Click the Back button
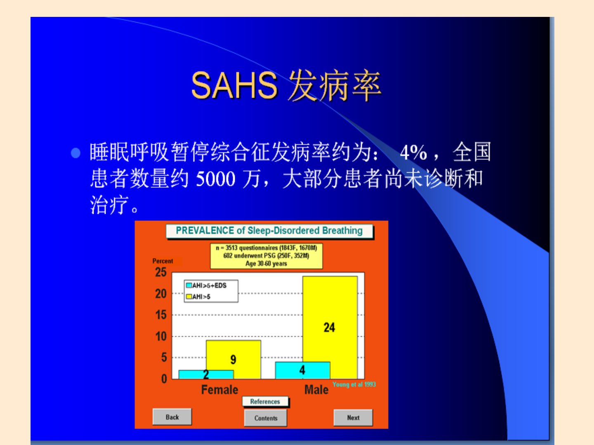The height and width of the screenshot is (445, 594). click(x=172, y=417)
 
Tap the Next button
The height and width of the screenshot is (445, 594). click(x=353, y=418)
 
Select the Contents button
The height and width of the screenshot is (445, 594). click(x=266, y=418)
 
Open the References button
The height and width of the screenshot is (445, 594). click(x=265, y=401)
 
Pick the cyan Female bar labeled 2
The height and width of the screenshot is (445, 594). click(x=206, y=375)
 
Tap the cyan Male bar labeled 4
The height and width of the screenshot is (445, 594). click(x=302, y=370)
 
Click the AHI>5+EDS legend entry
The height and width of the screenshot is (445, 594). click(x=207, y=285)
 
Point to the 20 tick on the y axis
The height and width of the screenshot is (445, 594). click(x=161, y=294)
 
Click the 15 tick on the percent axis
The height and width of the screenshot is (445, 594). click(x=161, y=315)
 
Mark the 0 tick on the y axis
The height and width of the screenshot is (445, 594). click(x=164, y=379)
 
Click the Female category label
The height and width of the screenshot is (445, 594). click(x=220, y=390)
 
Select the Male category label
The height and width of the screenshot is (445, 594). click(x=316, y=390)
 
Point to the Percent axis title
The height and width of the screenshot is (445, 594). click(x=163, y=261)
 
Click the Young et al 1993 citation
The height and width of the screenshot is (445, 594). click(x=354, y=384)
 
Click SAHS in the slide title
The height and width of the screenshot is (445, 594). click(x=234, y=86)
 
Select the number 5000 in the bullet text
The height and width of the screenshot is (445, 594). click(x=215, y=179)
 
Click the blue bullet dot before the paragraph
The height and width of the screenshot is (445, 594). click(x=75, y=153)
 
